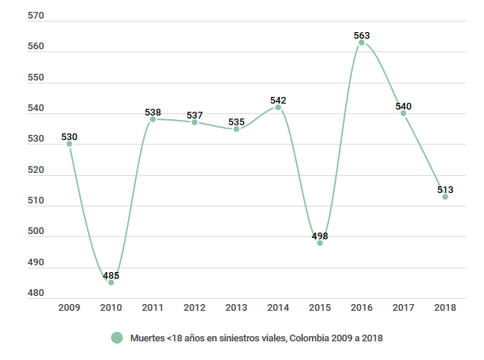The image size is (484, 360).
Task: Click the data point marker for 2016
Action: click(x=362, y=42)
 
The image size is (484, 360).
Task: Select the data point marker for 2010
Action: click(x=111, y=282)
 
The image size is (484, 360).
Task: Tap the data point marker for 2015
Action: click(x=320, y=243)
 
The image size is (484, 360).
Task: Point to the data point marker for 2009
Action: click(x=69, y=144)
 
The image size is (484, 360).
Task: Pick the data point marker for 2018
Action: click(x=445, y=197)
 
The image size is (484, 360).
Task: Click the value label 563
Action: click(x=362, y=34)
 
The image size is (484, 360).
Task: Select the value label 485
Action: click(x=111, y=275)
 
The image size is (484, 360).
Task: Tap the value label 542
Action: click(x=278, y=100)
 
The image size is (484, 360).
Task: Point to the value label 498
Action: click(x=320, y=236)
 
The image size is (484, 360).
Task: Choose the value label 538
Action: click(x=153, y=112)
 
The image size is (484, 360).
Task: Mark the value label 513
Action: click(x=445, y=189)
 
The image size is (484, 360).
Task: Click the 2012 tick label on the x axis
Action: click(x=194, y=307)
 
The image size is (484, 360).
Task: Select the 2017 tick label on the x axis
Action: click(x=404, y=307)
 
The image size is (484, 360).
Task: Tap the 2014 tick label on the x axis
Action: click(x=278, y=307)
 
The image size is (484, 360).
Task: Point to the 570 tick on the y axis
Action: click(x=35, y=16)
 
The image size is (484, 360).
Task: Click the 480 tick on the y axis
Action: click(x=35, y=293)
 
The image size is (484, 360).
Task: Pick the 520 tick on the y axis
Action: click(x=35, y=170)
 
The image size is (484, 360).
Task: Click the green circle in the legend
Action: click(x=116, y=338)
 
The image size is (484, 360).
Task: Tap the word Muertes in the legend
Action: click(x=146, y=338)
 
